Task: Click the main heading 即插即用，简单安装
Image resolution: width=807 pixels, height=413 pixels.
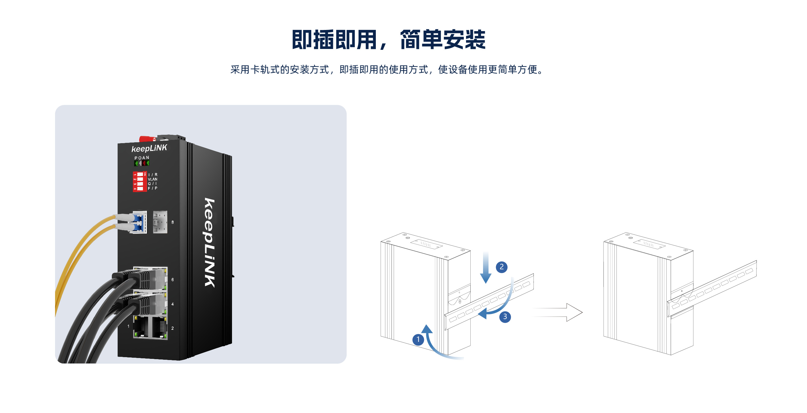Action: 389,40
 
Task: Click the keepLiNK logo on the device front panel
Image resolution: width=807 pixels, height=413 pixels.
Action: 149,148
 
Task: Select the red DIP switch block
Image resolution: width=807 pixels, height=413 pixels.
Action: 140,181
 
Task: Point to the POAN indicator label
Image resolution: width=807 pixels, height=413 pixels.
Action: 142,158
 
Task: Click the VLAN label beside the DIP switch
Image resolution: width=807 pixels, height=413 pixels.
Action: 152,179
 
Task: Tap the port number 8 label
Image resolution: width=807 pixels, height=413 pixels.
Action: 173,222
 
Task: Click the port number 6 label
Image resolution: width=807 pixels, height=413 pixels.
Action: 173,280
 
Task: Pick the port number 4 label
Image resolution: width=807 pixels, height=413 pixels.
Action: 173,304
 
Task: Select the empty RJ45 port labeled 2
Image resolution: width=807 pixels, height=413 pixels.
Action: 159,327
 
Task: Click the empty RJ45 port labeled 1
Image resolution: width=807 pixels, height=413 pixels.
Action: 141,327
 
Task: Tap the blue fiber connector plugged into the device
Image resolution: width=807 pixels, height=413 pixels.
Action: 138,222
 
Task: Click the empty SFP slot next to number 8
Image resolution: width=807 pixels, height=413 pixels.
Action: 160,222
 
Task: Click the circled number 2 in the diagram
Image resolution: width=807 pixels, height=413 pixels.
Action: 501,267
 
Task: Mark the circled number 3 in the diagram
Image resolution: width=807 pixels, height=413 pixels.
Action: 505,317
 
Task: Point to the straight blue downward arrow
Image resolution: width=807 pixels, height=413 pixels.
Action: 486,268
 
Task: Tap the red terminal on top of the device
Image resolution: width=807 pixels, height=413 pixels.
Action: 147,139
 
